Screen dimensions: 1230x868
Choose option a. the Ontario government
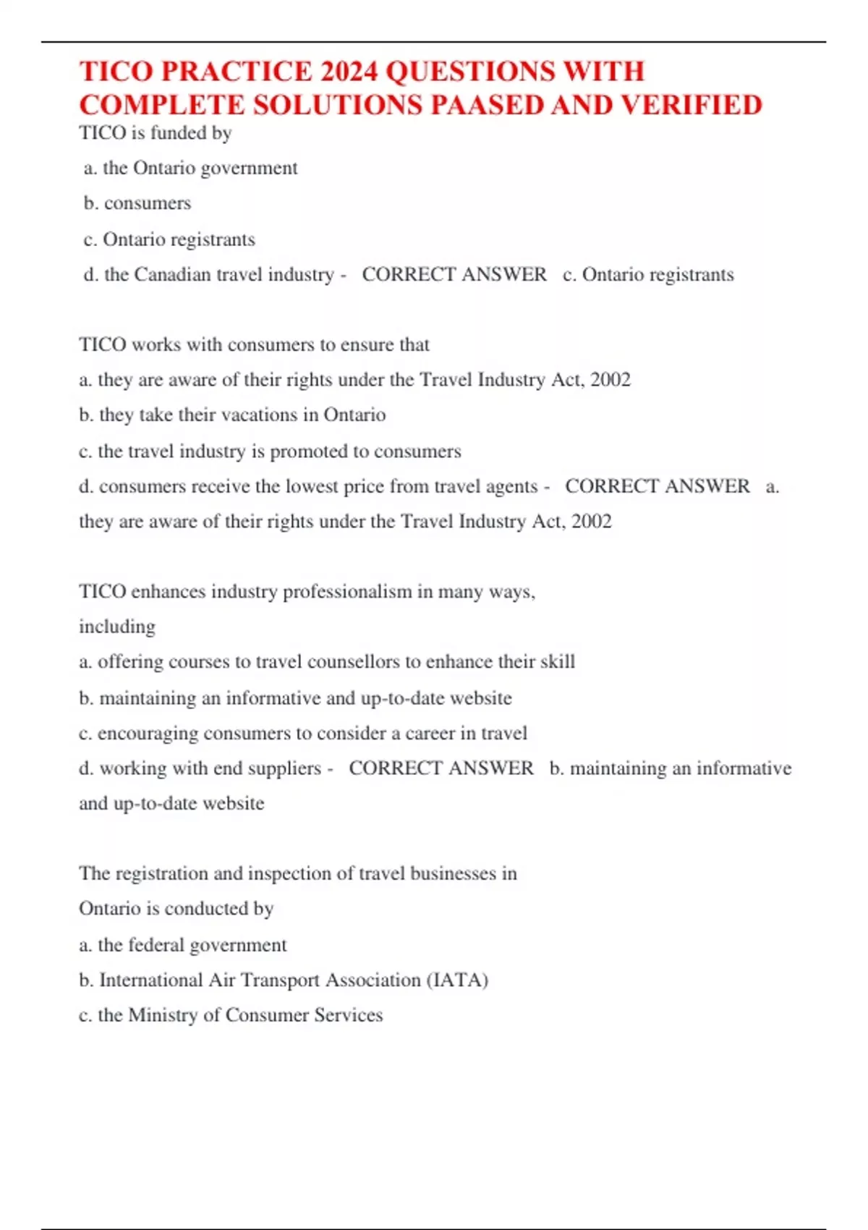[x=191, y=169]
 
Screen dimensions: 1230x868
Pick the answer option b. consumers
[x=137, y=203]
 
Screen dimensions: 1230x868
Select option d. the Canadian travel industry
[x=209, y=275]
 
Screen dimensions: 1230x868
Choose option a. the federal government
[x=183, y=945]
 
